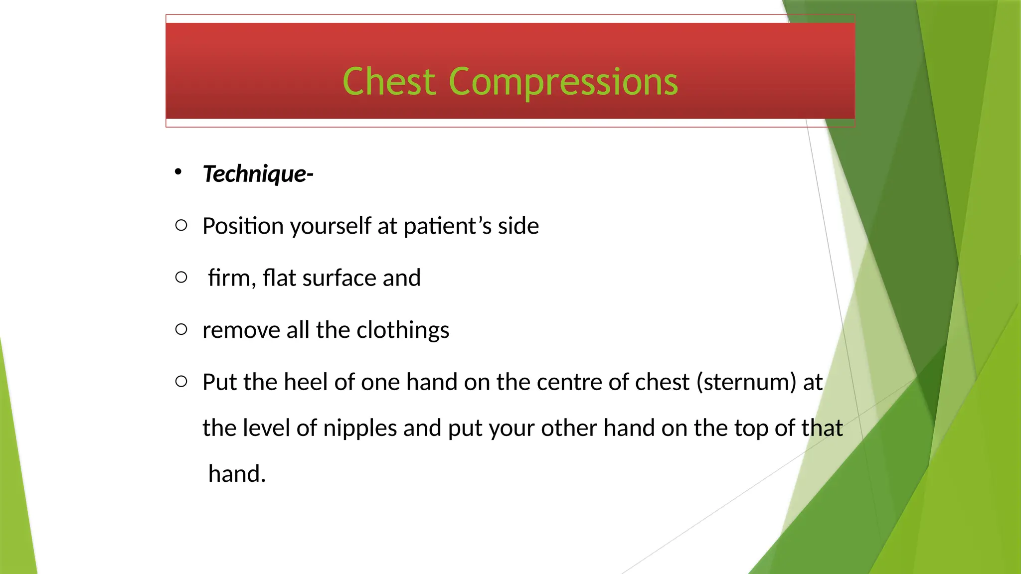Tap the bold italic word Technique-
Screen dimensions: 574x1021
click(x=258, y=174)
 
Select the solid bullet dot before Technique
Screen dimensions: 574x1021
click(x=178, y=172)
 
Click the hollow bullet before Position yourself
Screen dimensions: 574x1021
click(x=181, y=226)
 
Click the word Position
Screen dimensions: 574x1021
click(x=243, y=226)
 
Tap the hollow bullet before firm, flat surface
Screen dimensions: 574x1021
click(x=181, y=278)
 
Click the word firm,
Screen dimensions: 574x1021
click(x=232, y=278)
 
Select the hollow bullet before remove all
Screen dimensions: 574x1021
click(x=181, y=329)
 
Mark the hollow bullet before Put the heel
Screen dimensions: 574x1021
click(x=181, y=382)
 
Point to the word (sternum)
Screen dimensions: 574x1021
click(x=746, y=382)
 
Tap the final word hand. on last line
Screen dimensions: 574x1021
click(x=237, y=474)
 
